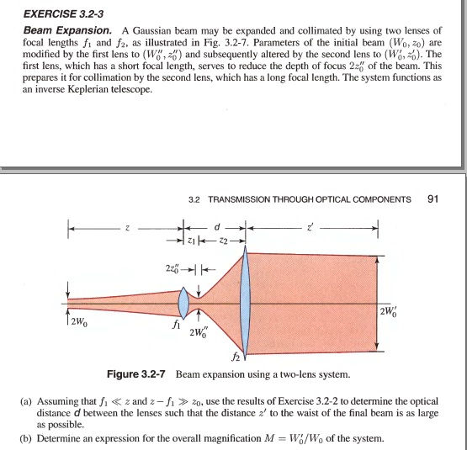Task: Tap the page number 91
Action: pos(434,199)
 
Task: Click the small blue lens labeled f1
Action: pos(185,299)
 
